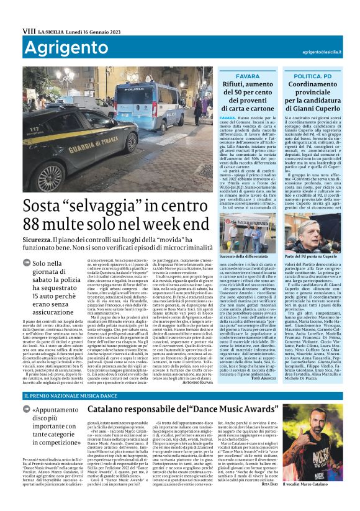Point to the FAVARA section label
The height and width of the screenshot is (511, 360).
click(x=248, y=76)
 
